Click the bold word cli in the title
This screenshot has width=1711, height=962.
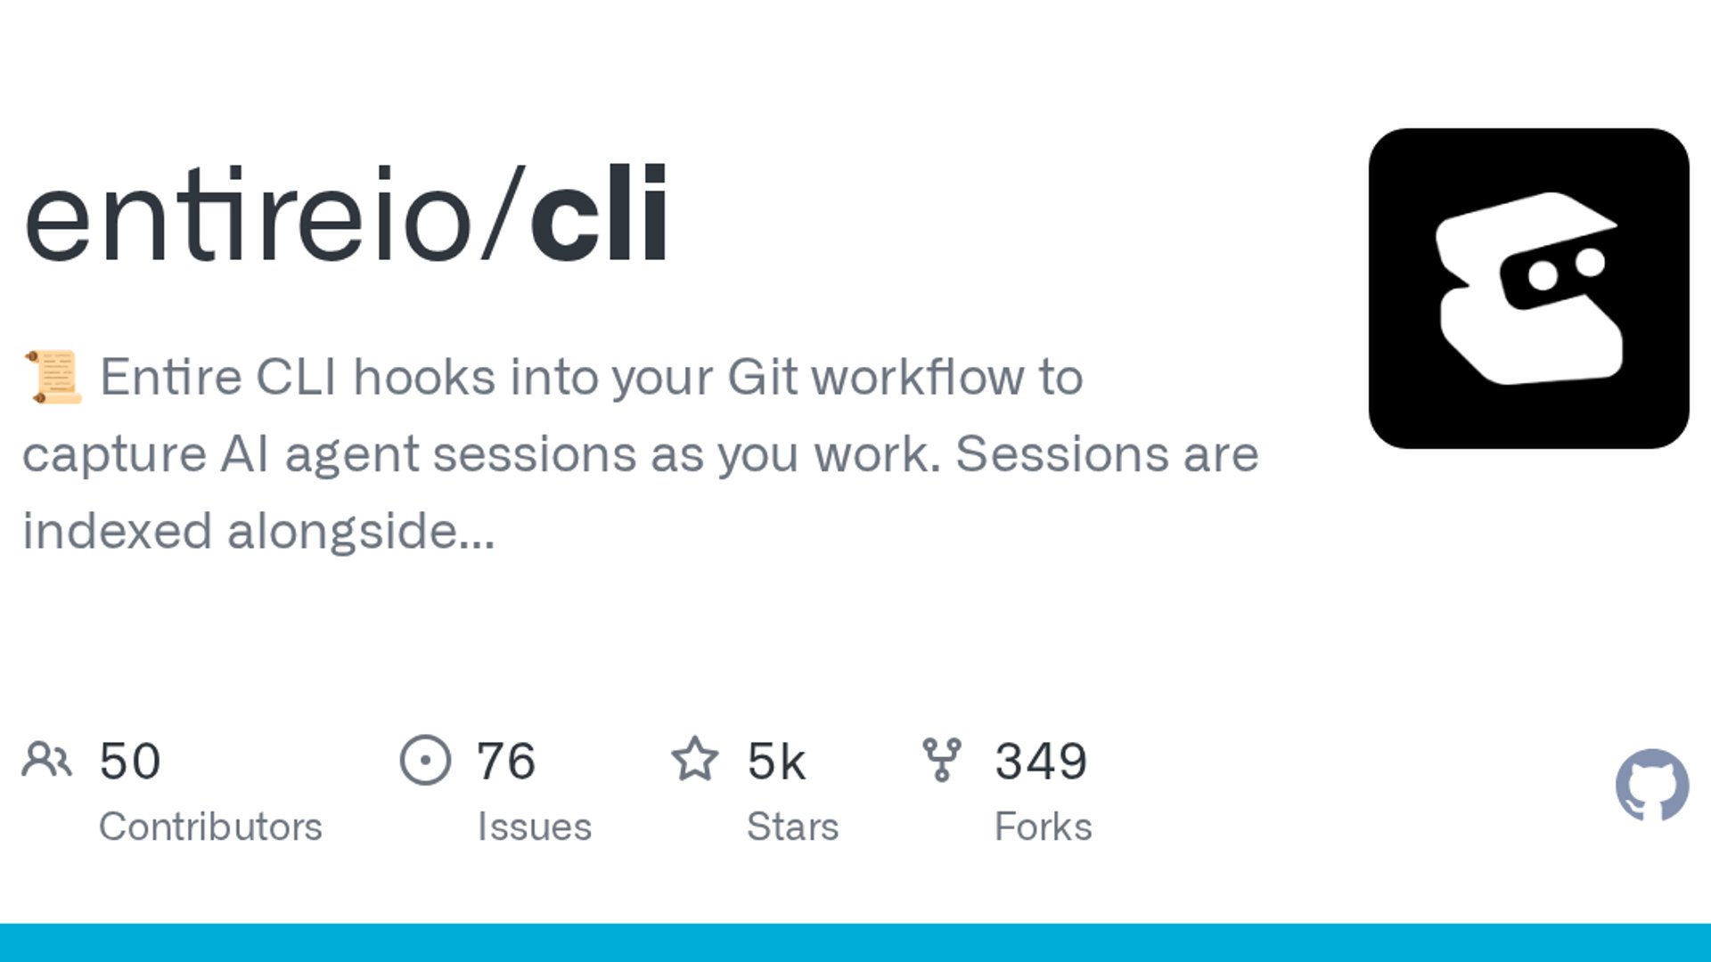click(599, 214)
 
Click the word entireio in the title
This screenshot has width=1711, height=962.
click(248, 214)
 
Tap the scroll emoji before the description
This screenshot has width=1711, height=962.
click(53, 377)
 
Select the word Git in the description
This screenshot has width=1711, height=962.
click(762, 377)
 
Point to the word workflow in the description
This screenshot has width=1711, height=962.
click(918, 377)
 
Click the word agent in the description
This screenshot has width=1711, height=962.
click(351, 455)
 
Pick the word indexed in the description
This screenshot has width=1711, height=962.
click(118, 531)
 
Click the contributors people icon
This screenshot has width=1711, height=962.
click(46, 760)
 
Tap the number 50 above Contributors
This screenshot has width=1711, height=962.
click(130, 762)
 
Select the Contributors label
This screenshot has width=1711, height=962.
click(210, 827)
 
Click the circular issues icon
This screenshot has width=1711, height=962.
click(425, 760)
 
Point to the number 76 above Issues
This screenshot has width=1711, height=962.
click(506, 762)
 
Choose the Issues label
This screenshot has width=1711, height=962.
click(535, 827)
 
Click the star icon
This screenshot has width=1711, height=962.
click(694, 759)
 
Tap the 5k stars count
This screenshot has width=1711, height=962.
click(776, 762)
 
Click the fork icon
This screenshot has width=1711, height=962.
click(942, 760)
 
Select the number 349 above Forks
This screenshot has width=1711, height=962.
click(1041, 762)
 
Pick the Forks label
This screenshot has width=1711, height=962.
click(1044, 827)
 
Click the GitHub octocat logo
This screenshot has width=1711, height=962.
click(1652, 785)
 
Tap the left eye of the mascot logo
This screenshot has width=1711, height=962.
click(1543, 274)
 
